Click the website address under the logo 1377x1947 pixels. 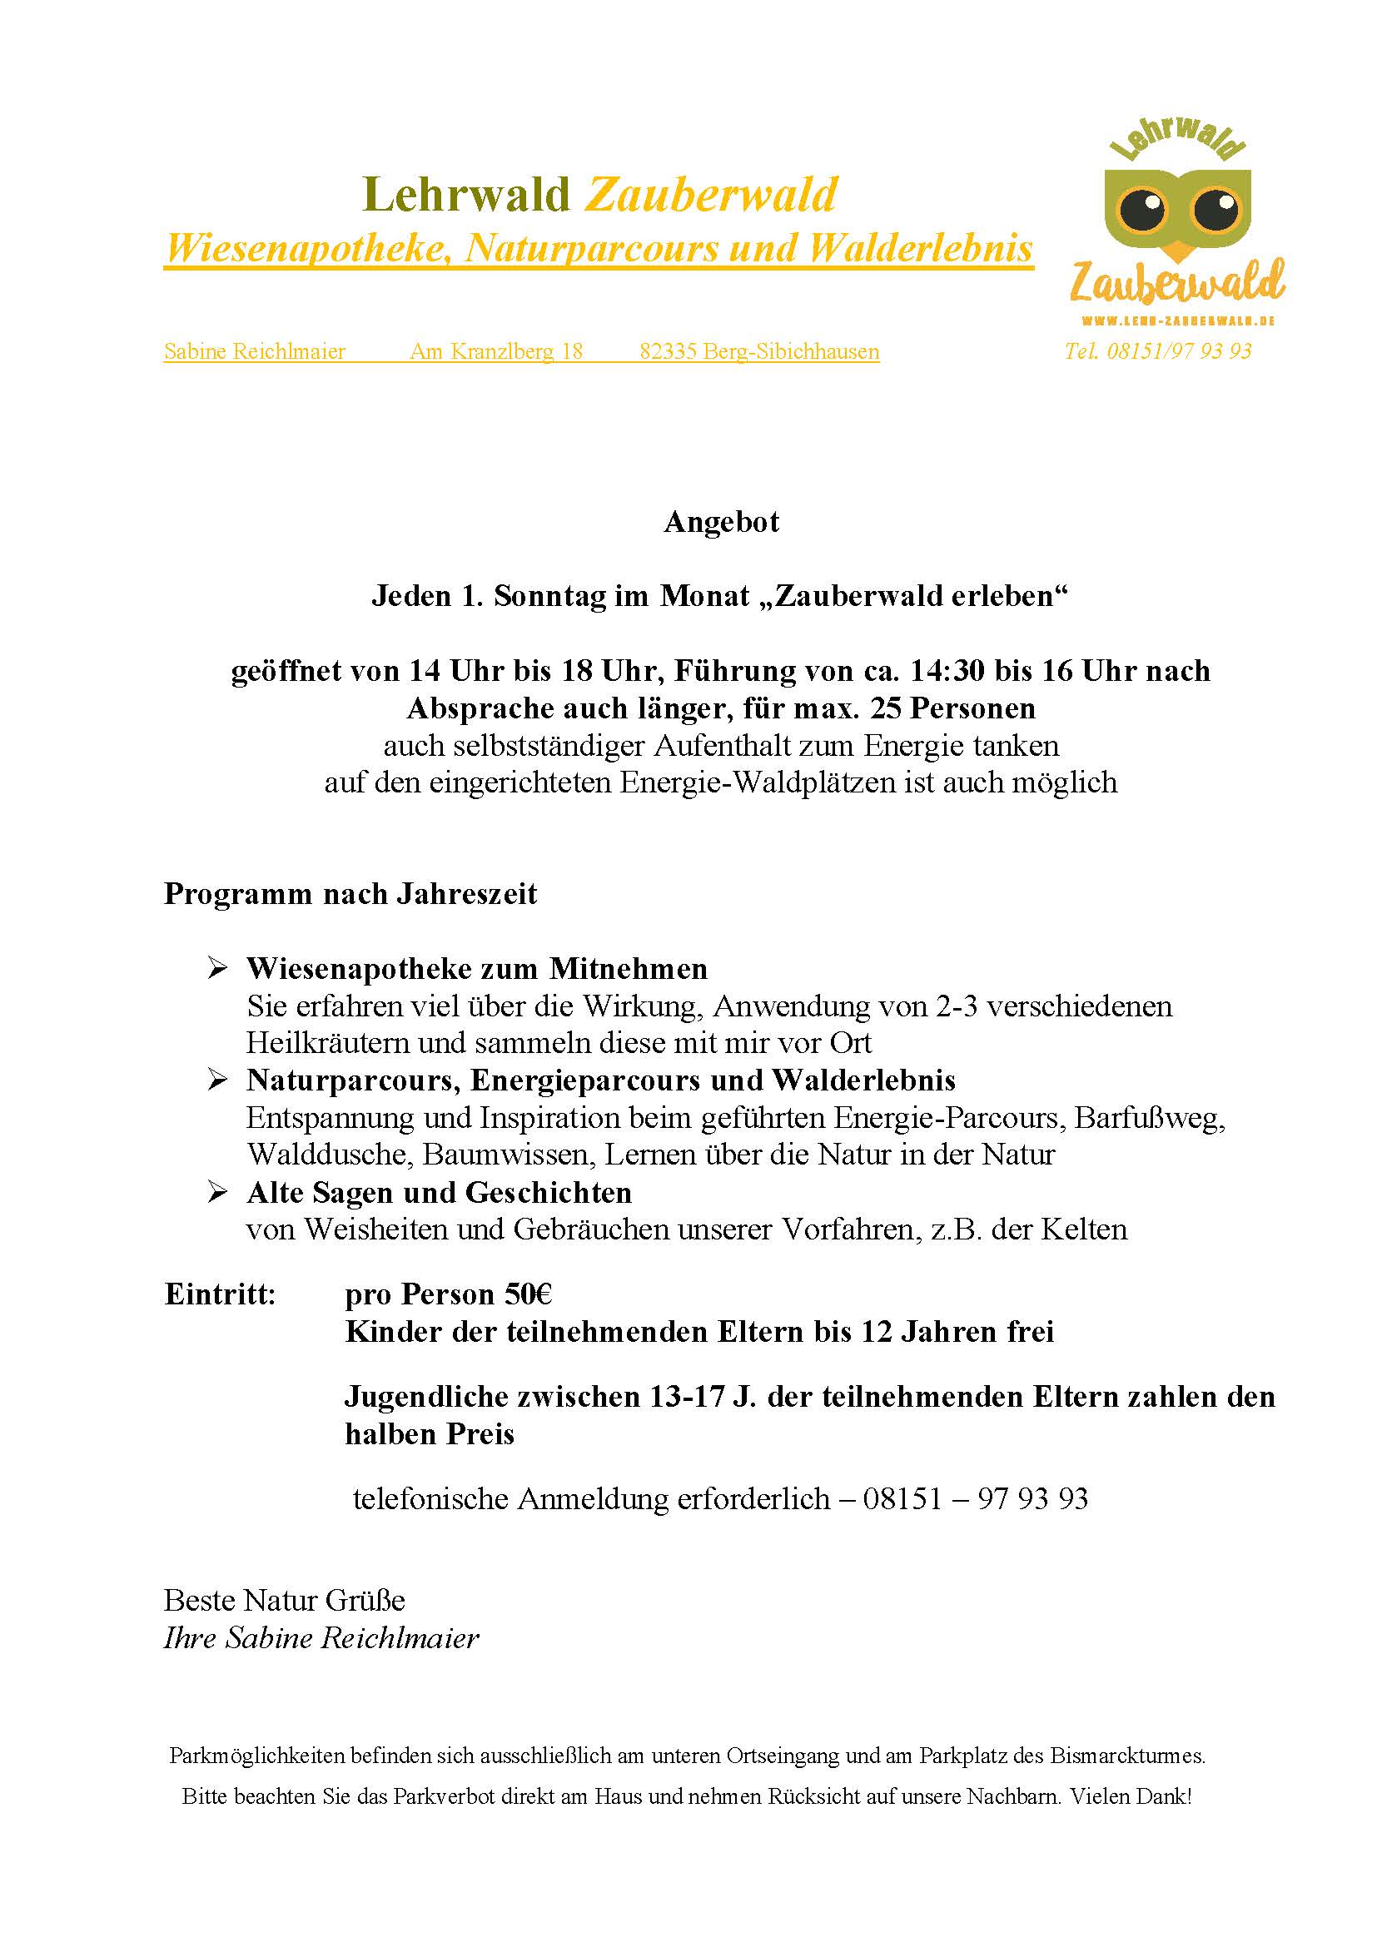point(1179,320)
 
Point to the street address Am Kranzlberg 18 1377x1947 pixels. point(496,352)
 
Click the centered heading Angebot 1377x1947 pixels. point(722,523)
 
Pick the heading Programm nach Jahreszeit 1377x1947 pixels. point(350,895)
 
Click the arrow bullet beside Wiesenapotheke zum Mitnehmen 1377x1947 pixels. point(218,968)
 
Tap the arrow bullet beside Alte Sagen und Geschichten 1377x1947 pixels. point(218,1192)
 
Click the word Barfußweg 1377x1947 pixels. point(1150,1119)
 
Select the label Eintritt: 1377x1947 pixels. point(220,1295)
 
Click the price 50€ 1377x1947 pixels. point(529,1295)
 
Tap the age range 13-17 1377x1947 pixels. point(686,1397)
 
